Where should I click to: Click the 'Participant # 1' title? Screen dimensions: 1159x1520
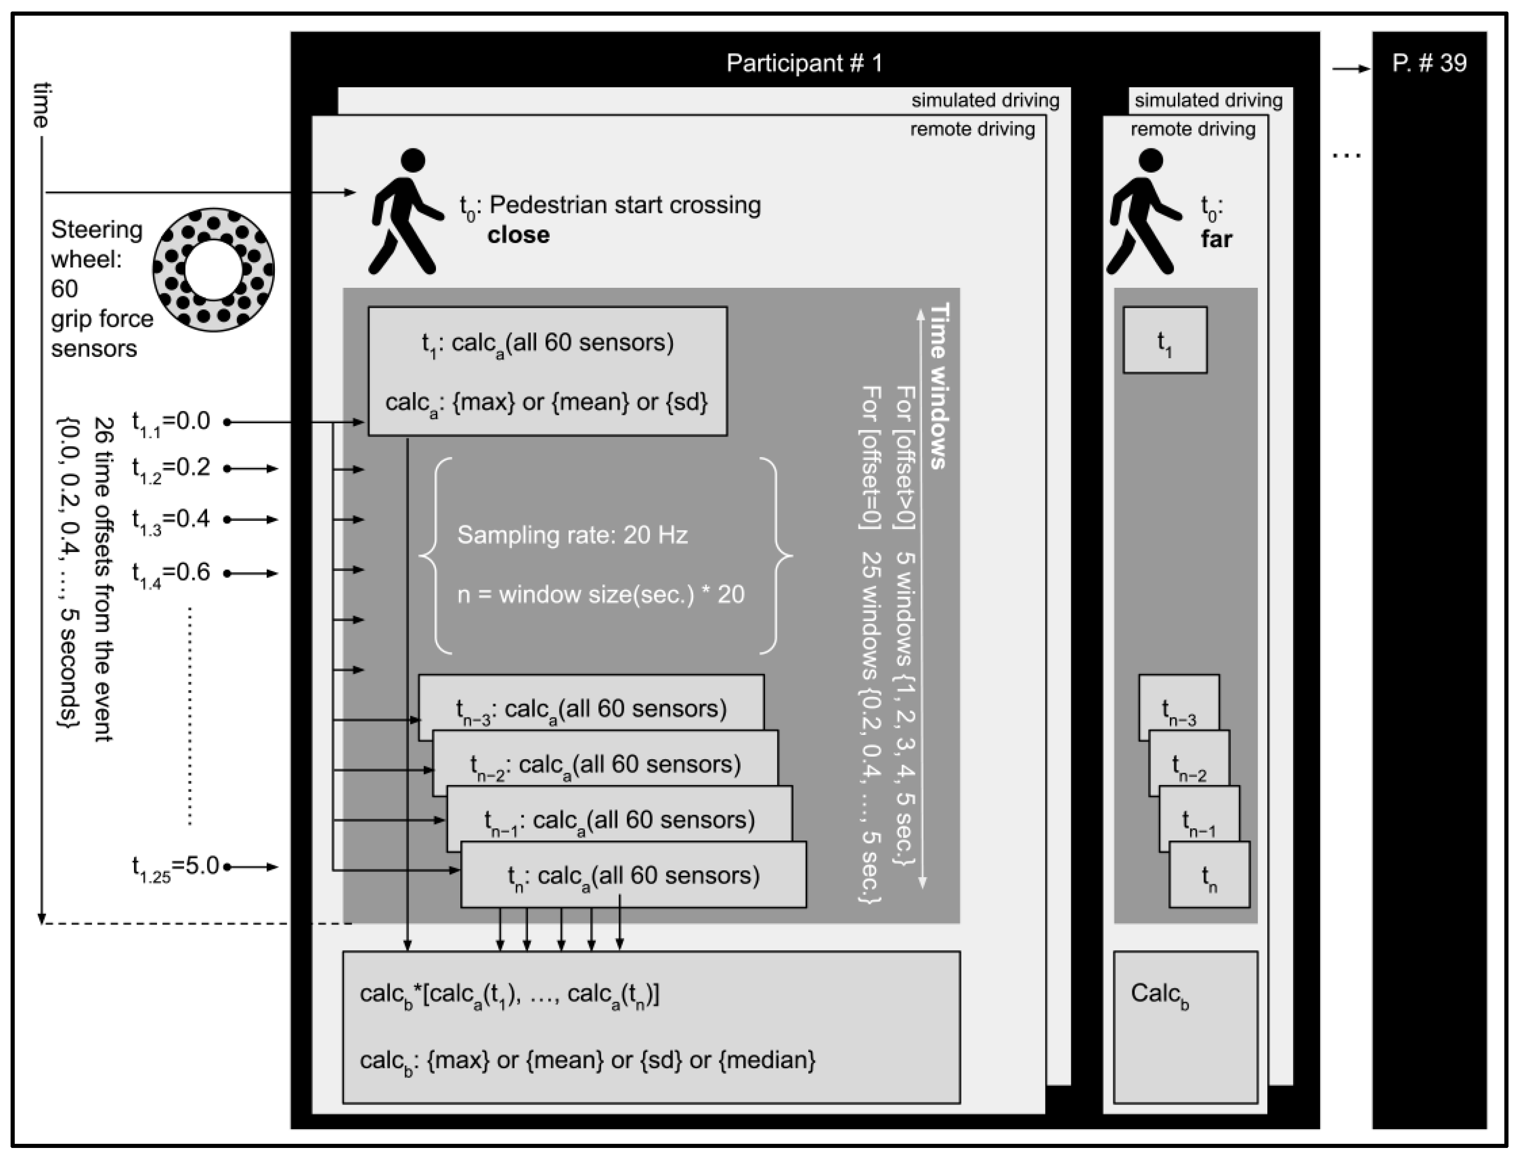pyautogui.click(x=804, y=64)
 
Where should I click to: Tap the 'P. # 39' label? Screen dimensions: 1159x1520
pyautogui.click(x=1429, y=64)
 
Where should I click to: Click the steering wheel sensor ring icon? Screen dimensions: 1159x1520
pyautogui.click(x=213, y=270)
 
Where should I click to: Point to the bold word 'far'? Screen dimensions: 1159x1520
pyautogui.click(x=1216, y=239)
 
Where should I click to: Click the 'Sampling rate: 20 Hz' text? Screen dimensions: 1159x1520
pyautogui.click(x=572, y=536)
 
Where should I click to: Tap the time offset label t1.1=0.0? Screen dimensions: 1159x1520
pyautogui.click(x=171, y=421)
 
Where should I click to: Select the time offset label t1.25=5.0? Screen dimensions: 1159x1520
pyautogui.click(x=175, y=867)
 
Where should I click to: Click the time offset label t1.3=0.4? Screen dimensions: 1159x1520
pyautogui.click(x=171, y=519)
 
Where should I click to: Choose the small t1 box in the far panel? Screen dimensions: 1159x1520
pyautogui.click(x=1165, y=341)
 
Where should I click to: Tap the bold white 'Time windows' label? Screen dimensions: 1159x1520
pyautogui.click(x=940, y=386)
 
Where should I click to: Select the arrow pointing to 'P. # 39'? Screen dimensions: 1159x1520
pyautogui.click(x=1350, y=69)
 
